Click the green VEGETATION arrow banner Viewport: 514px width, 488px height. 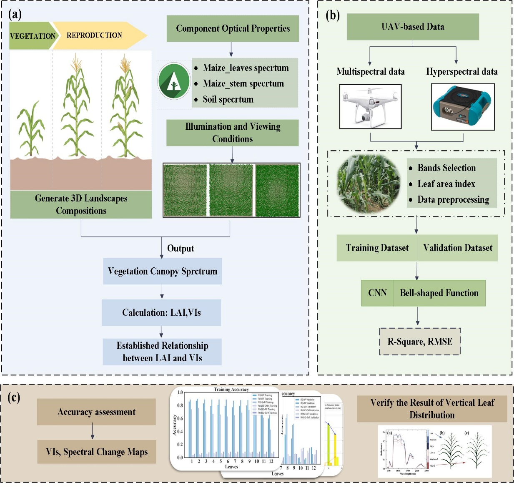coord(31,36)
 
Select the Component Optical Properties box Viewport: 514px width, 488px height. coord(233,28)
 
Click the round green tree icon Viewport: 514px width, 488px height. coord(174,81)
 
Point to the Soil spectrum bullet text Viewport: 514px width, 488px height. coord(228,99)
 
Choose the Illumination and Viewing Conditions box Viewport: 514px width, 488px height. coord(233,133)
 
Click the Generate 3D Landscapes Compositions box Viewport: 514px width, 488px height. coord(81,204)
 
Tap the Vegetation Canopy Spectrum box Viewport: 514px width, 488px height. coord(162,271)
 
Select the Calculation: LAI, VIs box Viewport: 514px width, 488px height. coord(161,312)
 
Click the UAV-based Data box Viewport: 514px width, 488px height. coord(413,27)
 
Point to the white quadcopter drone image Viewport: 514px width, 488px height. coord(370,106)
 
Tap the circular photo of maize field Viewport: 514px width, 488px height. coord(368,184)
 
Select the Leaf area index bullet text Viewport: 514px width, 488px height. coord(446,184)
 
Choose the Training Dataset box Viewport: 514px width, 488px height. coord(377,248)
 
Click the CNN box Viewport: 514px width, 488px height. coord(377,293)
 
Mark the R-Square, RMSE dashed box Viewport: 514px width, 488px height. coord(420,342)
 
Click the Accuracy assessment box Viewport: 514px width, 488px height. coord(96,412)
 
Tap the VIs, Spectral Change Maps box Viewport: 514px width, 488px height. coord(97,452)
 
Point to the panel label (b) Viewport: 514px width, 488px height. coord(332,15)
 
